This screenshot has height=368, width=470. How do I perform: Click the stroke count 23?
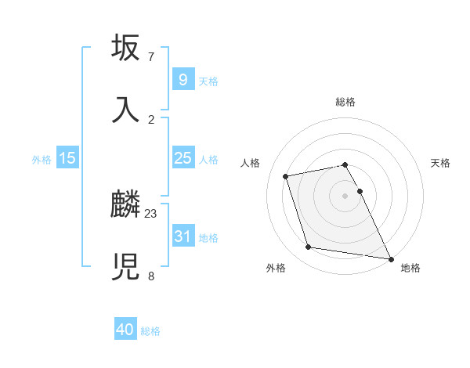click(151, 213)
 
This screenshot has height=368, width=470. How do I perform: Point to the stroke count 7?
click(151, 57)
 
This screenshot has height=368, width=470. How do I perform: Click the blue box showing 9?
click(183, 80)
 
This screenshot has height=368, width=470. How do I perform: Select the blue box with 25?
click(183, 158)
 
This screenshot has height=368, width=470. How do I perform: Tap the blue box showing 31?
click(183, 236)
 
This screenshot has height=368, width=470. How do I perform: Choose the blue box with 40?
click(125, 330)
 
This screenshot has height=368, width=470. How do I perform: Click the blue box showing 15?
click(67, 158)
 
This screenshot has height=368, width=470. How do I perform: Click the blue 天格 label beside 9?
click(208, 81)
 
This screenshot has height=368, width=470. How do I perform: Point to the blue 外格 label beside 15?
click(42, 160)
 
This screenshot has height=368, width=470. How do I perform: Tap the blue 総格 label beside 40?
click(150, 331)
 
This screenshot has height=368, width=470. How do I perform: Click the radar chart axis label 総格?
click(345, 102)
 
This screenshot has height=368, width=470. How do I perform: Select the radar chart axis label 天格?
click(441, 163)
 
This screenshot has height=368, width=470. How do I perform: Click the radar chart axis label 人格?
click(251, 163)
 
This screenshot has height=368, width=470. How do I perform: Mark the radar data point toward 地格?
click(389, 258)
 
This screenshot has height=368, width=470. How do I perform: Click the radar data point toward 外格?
click(309, 247)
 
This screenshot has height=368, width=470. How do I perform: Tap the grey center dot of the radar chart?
click(345, 196)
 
